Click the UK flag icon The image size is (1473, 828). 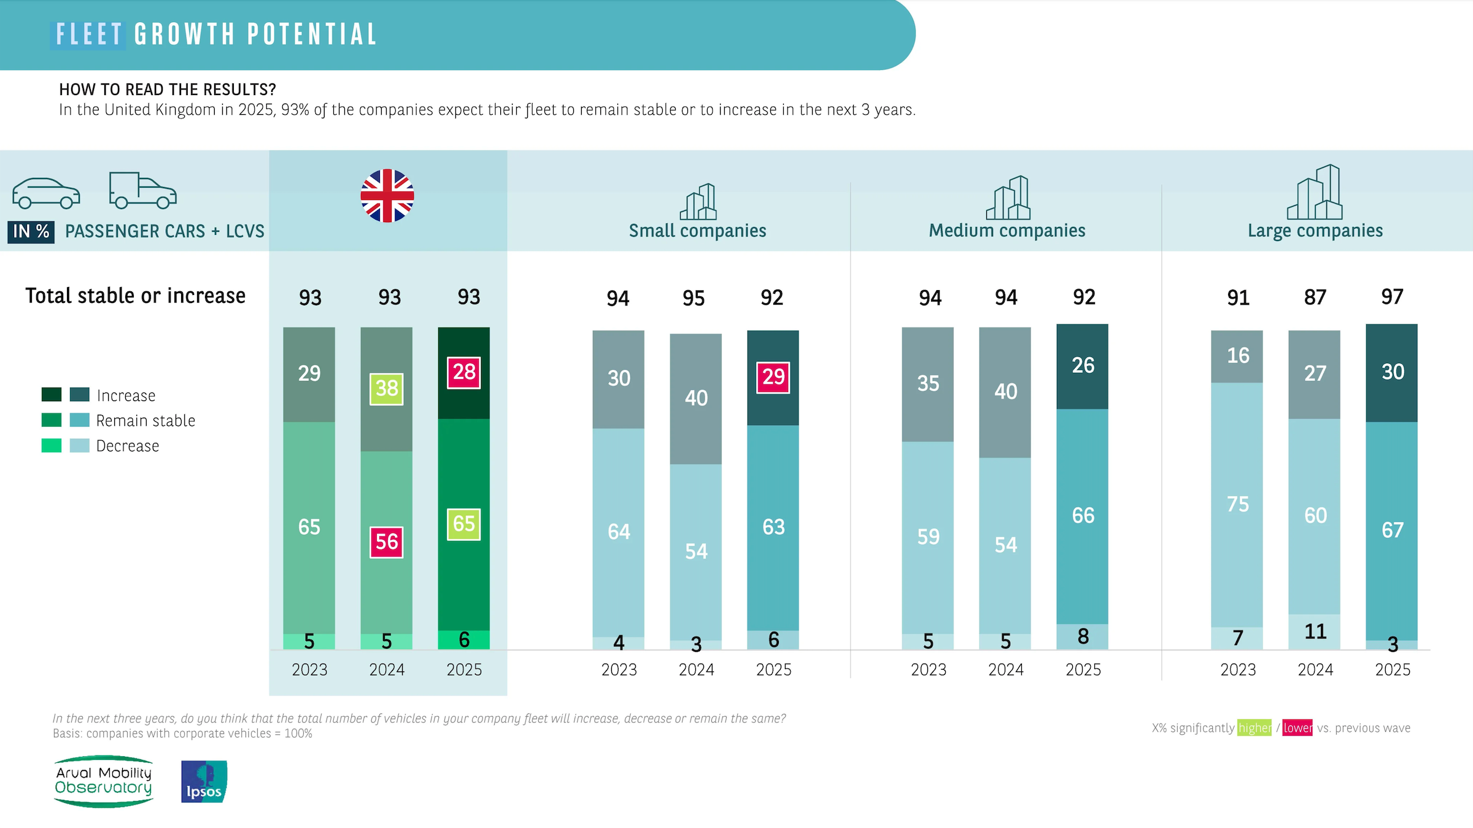click(387, 196)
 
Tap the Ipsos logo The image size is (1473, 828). click(204, 781)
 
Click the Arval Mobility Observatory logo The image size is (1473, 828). click(104, 781)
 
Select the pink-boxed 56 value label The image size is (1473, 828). click(387, 542)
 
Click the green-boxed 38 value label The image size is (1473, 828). click(387, 388)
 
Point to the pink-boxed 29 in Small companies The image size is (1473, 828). click(773, 377)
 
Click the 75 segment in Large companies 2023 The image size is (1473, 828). click(1237, 504)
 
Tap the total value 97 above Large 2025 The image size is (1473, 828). click(1392, 297)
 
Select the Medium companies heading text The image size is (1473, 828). click(1007, 231)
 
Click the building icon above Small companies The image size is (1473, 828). click(698, 202)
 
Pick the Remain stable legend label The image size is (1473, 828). click(145, 421)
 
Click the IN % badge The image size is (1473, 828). click(31, 231)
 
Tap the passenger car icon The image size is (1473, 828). click(46, 193)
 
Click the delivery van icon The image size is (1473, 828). click(142, 191)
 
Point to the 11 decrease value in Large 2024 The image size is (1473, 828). click(1315, 631)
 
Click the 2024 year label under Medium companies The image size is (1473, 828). click(1005, 670)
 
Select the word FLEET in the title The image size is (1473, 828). click(88, 34)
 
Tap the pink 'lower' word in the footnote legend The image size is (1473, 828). click(1297, 728)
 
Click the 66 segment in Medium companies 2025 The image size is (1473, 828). click(1083, 515)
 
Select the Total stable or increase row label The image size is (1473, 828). click(135, 296)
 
